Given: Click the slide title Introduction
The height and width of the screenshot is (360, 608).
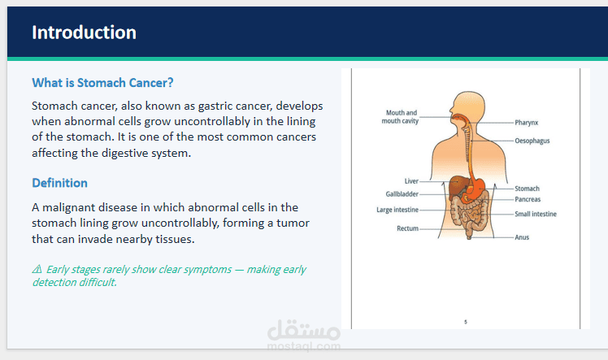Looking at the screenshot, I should click(84, 33).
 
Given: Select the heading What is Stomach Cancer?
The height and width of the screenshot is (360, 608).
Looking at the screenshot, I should click(102, 83).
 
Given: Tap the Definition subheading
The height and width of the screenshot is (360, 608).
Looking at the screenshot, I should click(59, 183).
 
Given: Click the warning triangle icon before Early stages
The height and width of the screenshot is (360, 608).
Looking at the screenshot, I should click(37, 270).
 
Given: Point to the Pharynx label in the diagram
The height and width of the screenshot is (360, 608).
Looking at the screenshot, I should click(527, 123).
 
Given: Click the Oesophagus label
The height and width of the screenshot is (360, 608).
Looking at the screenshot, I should click(532, 141).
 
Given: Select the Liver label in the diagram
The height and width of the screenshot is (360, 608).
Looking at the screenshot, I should click(411, 181).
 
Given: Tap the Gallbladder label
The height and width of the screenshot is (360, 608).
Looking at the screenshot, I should click(402, 194).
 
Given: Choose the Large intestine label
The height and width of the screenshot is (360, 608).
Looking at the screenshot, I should click(397, 210).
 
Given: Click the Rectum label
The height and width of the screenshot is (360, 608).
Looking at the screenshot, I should click(407, 228).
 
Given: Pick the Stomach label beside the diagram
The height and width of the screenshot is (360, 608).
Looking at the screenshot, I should click(527, 189).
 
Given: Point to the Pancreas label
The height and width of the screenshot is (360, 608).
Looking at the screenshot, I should click(528, 199).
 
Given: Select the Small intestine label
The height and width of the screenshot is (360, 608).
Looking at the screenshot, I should click(535, 215).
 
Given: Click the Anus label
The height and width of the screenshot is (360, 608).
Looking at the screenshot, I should click(522, 238).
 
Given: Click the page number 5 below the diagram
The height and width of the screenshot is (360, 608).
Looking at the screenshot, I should click(466, 323).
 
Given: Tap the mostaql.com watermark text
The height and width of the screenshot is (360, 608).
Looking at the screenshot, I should click(304, 346).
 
